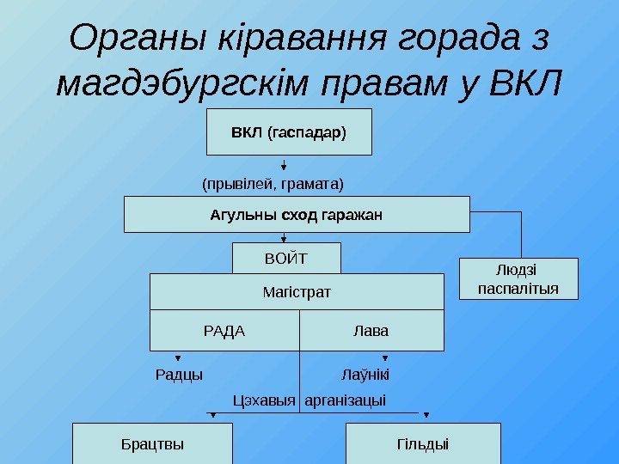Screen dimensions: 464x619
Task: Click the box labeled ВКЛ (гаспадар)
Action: (289, 132)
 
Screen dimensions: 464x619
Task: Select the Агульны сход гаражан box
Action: (297, 214)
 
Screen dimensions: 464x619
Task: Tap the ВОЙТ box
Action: (287, 258)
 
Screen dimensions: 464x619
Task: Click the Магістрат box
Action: (297, 293)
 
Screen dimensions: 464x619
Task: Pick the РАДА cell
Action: (224, 331)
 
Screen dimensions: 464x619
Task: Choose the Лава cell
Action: (371, 331)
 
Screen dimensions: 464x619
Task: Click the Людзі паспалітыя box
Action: (518, 278)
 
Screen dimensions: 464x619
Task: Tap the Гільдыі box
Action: (423, 444)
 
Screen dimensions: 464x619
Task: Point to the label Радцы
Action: (179, 375)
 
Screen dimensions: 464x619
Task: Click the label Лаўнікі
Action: (365, 375)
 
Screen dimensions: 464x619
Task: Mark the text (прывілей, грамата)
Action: (273, 183)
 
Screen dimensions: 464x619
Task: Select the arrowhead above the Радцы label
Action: (179, 360)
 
